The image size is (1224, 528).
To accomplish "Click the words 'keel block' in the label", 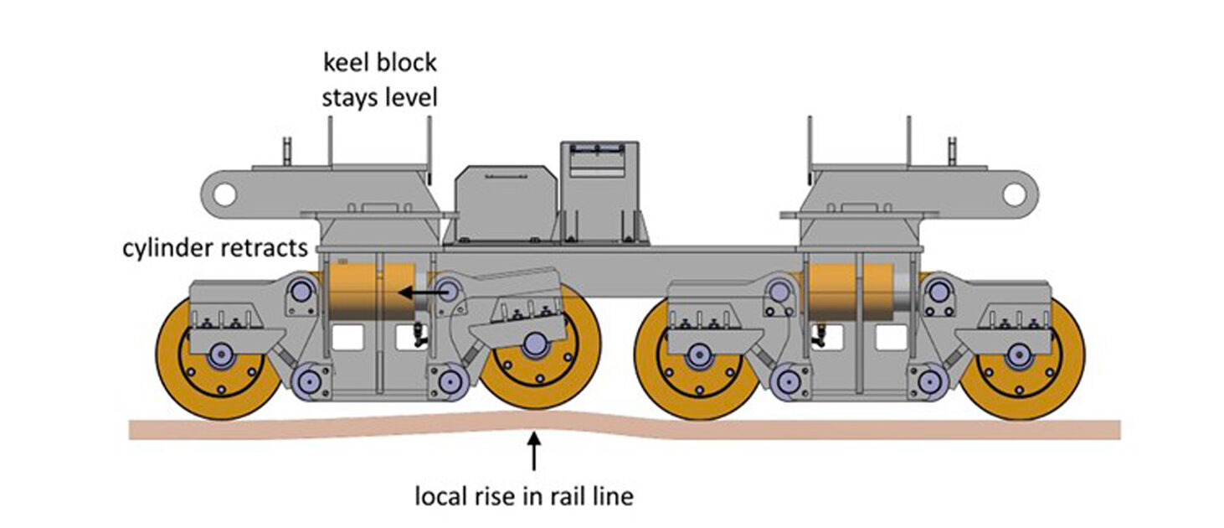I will [380, 62].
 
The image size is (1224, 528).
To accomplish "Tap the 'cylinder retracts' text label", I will [216, 248].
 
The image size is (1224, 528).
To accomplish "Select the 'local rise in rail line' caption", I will [524, 496].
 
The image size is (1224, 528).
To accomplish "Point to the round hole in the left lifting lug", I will [223, 194].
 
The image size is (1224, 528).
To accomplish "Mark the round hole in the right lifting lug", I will [1014, 194].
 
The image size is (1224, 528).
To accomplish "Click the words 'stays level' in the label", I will [380, 97].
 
